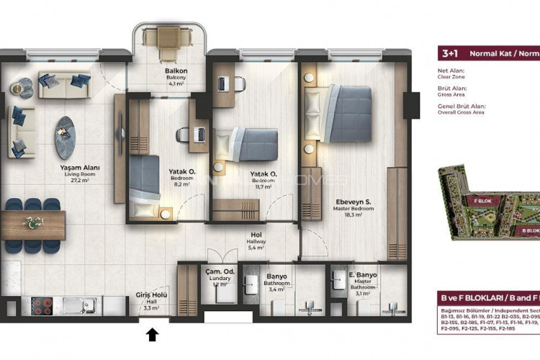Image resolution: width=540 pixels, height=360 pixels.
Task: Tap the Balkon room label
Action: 176,71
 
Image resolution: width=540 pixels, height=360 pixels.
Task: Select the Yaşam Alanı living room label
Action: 79,168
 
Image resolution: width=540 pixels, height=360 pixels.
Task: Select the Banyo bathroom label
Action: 276,275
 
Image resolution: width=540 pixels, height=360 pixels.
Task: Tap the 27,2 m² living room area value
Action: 79,181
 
